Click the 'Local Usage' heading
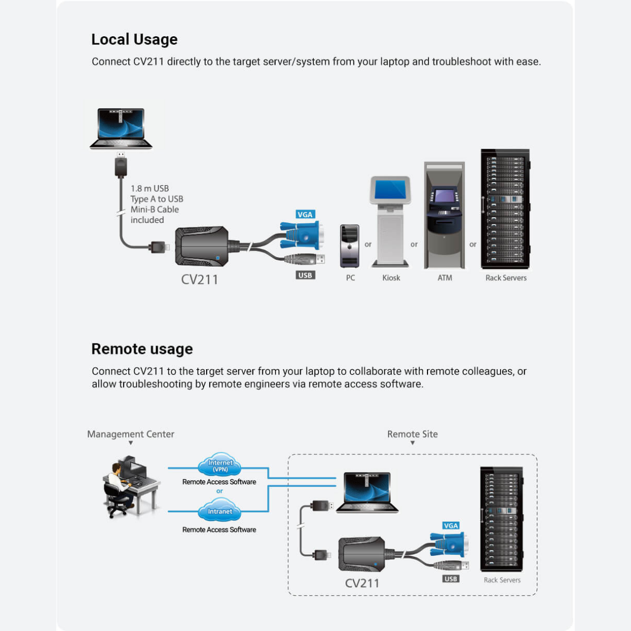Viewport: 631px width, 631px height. (x=134, y=39)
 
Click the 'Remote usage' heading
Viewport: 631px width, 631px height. (x=142, y=349)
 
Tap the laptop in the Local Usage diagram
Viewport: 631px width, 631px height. (x=121, y=128)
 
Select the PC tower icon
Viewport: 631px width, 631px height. (x=350, y=246)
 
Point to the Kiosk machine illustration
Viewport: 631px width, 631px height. (x=390, y=221)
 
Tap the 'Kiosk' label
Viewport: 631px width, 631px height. (x=391, y=278)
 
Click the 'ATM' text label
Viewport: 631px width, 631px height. (x=445, y=278)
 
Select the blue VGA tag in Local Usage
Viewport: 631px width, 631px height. (x=305, y=215)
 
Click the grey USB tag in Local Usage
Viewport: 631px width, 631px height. (x=305, y=275)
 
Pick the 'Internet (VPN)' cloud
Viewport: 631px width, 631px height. (x=220, y=465)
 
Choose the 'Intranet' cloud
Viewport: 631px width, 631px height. (x=220, y=511)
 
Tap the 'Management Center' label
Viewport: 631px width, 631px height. (x=130, y=434)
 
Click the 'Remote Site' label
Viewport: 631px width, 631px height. (x=412, y=434)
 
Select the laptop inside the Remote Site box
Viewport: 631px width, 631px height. (x=368, y=492)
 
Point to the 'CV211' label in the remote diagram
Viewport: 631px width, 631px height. (x=362, y=583)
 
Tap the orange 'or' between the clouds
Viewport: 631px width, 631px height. (x=219, y=491)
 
